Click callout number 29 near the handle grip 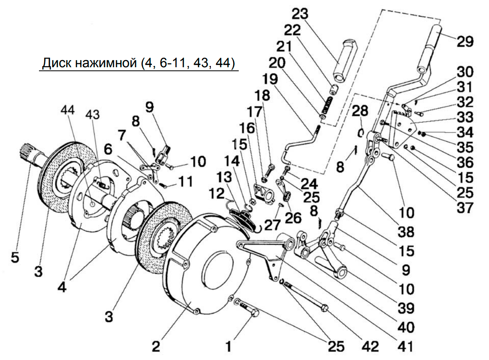click(x=465, y=41)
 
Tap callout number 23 click(x=300, y=14)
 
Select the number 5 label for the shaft click(x=15, y=258)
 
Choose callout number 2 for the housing click(x=156, y=346)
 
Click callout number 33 click(x=465, y=117)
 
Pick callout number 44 click(x=68, y=110)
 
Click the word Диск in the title click(x=57, y=63)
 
